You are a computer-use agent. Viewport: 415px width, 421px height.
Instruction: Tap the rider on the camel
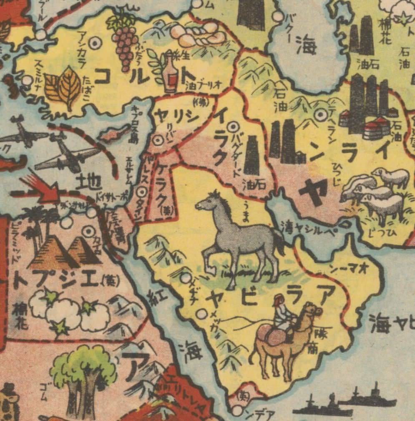tap(283, 315)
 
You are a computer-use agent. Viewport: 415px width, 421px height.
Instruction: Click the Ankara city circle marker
tap(96, 42)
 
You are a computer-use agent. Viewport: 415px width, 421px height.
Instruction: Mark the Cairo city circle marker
tap(88, 230)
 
